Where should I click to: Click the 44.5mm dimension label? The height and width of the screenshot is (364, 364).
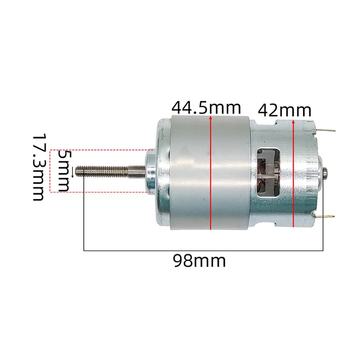tap(206, 108)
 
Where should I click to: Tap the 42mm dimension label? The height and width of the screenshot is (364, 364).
tap(284, 111)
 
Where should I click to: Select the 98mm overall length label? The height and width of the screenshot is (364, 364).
tap(199, 261)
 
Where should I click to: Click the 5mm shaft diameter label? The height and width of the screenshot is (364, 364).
tap(64, 171)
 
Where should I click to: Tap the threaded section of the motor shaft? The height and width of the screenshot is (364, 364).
tap(104, 170)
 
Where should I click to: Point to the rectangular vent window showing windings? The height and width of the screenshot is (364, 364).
tap(268, 172)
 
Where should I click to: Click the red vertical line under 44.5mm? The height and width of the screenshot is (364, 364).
tap(211, 175)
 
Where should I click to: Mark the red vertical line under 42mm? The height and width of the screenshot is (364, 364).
tap(293, 175)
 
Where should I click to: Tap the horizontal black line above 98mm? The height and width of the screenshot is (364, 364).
tap(204, 251)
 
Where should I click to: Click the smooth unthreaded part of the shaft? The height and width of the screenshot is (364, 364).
tap(136, 170)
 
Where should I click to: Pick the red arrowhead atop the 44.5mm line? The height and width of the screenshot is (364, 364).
tap(211, 117)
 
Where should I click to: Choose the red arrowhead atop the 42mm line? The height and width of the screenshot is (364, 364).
tap(293, 122)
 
